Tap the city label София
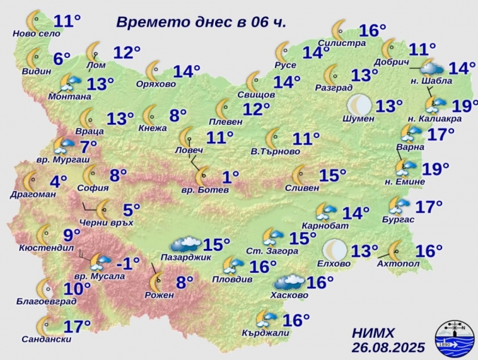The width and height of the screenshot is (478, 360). coord(93,187)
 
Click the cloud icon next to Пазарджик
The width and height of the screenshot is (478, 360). coord(185,244)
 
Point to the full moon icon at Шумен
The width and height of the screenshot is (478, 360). coord(359,104)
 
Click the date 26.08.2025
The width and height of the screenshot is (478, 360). coord(388,347)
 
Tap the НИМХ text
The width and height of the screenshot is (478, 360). coord(373,333)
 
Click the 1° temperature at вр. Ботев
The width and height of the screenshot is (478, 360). coord(230,176)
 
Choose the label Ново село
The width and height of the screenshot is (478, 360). coord(36,34)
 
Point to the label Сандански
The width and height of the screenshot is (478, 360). coord(45,339)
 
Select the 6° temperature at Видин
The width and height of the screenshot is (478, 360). coord(62,59)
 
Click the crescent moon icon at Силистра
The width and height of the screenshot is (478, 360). coord(340,29)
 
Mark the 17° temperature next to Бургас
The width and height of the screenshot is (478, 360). coord(429,207)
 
